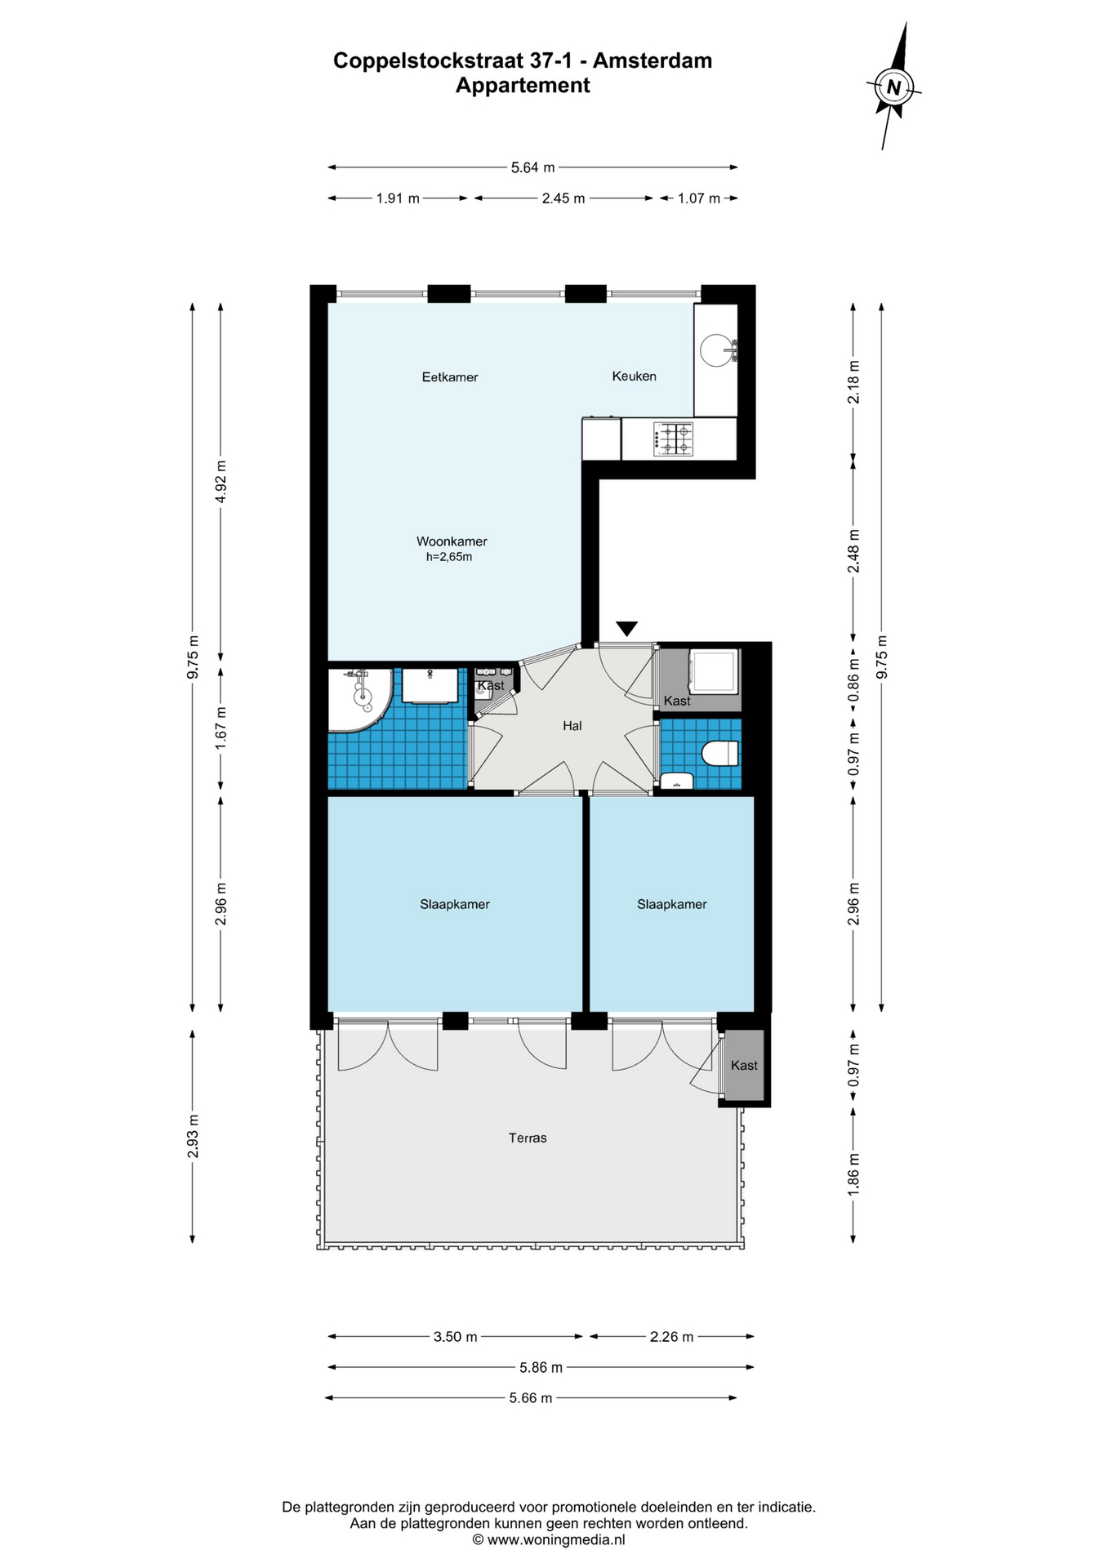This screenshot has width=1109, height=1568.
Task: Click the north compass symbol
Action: pyautogui.click(x=893, y=87)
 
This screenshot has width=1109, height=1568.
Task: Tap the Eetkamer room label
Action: pyautogui.click(x=450, y=377)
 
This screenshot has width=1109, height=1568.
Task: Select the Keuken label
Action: pyautogui.click(x=635, y=376)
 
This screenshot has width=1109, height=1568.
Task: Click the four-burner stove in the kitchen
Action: pyautogui.click(x=674, y=439)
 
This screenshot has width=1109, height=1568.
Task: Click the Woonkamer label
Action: pyautogui.click(x=452, y=541)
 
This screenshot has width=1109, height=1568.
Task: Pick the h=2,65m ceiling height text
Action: pyautogui.click(x=449, y=557)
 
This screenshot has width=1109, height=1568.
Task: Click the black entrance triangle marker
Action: pyautogui.click(x=626, y=629)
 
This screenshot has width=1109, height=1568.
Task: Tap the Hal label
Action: pyautogui.click(x=572, y=726)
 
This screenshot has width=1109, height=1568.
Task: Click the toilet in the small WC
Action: pyautogui.click(x=719, y=753)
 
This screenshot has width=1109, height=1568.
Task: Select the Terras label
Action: pyautogui.click(x=528, y=1138)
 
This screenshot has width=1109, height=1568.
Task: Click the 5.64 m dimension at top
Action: pyautogui.click(x=532, y=167)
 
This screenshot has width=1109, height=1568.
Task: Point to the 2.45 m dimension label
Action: pyautogui.click(x=563, y=198)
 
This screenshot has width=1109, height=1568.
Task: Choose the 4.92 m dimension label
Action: pyautogui.click(x=220, y=483)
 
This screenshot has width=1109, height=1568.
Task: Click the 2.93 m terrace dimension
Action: pyautogui.click(x=193, y=1136)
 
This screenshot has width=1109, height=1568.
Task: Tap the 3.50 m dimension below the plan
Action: pyautogui.click(x=455, y=1337)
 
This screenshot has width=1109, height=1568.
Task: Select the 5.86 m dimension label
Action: pyautogui.click(x=541, y=1367)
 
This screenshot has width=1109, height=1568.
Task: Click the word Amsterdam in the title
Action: pyautogui.click(x=652, y=60)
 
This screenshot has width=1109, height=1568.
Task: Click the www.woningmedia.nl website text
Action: pyautogui.click(x=556, y=1540)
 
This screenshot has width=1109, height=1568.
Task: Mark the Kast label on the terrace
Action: pyautogui.click(x=744, y=1066)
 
